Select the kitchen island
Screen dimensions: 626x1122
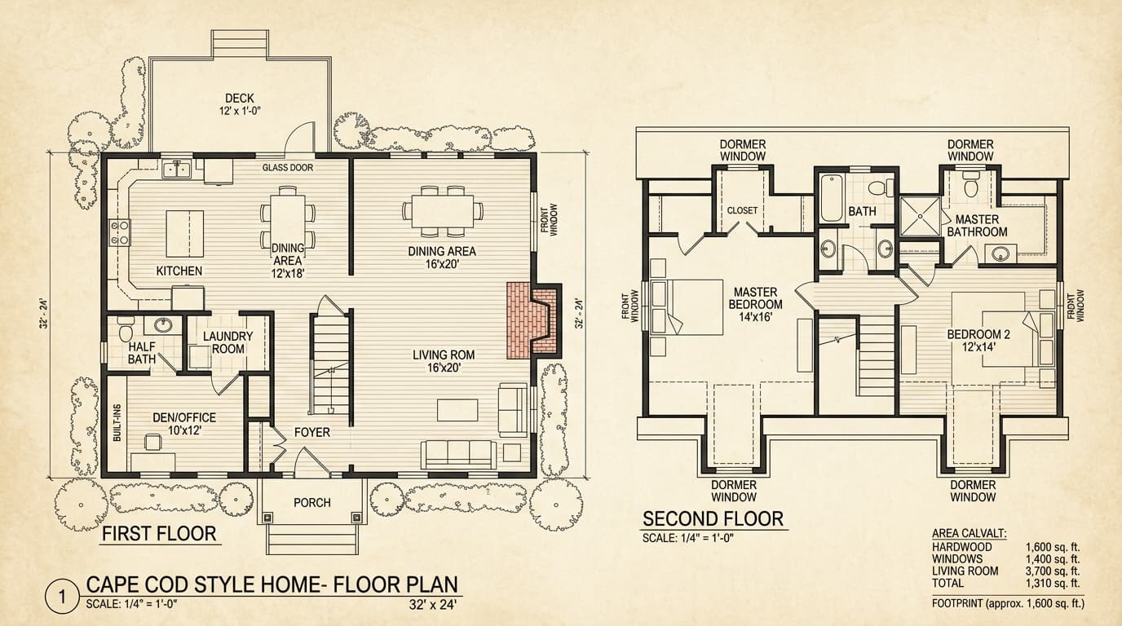[x=185, y=233]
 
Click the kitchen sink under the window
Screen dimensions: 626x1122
[x=175, y=170]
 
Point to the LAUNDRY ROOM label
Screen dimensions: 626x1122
[x=227, y=342]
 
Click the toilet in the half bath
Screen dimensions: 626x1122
[x=125, y=331]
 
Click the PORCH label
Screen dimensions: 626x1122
[x=311, y=503]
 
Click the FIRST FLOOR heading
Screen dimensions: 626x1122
[x=159, y=535]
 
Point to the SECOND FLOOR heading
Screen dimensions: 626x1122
[x=713, y=519]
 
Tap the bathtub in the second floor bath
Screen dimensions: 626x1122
[x=832, y=201]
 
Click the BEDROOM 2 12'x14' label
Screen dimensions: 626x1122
[x=978, y=342]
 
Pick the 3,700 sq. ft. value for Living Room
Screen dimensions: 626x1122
[x=1052, y=571]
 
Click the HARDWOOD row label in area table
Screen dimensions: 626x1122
[x=961, y=547]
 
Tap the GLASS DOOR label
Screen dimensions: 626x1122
[x=287, y=168]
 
